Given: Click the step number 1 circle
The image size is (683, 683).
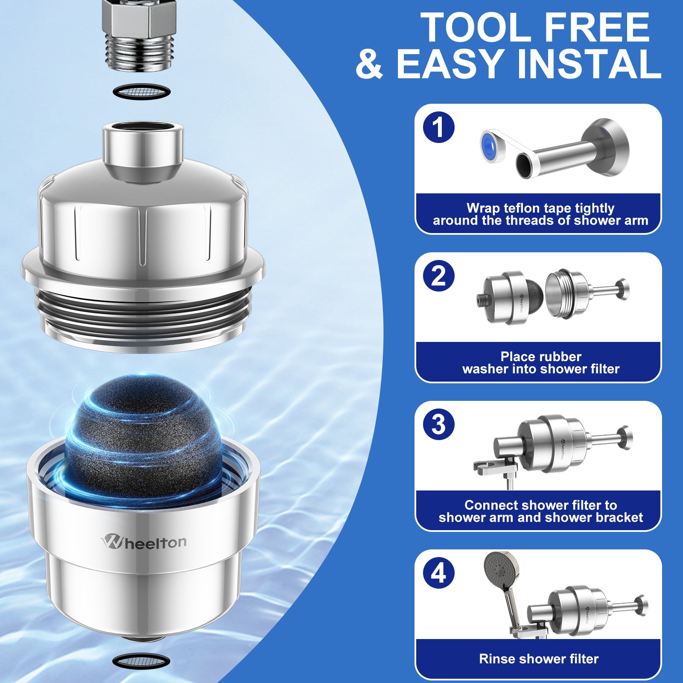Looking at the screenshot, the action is [x=439, y=127].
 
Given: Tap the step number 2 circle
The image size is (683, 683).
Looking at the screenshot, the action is [x=439, y=276].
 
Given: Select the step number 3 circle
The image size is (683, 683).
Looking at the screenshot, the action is [x=439, y=424].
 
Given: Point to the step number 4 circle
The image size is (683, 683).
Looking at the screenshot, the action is [x=439, y=573].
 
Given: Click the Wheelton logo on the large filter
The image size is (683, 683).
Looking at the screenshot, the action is [x=144, y=542].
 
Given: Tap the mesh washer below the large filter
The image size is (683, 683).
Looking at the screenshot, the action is [x=141, y=661].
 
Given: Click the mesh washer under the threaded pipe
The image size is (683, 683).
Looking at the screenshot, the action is [x=142, y=91].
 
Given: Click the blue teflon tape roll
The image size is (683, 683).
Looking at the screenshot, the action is [x=492, y=146].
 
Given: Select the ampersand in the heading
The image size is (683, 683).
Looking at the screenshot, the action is [x=370, y=64].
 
